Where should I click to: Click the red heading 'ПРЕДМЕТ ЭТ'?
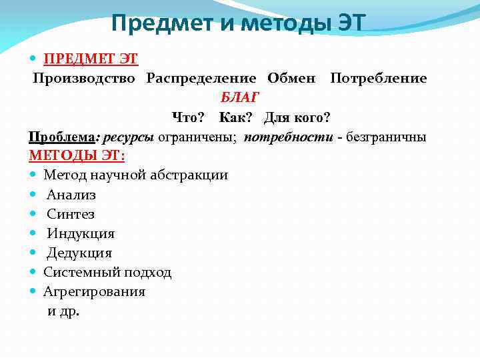(x=91, y=59)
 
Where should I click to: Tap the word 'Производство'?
(x=84, y=79)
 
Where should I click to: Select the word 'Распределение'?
(x=201, y=79)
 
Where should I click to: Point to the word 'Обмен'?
(x=291, y=79)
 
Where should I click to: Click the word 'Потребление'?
(x=379, y=79)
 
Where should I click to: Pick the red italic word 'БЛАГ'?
(x=241, y=98)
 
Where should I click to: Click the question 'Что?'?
(x=188, y=117)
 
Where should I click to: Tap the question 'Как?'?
(x=234, y=117)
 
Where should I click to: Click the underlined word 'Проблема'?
(x=62, y=137)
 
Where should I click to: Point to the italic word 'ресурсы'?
(x=127, y=137)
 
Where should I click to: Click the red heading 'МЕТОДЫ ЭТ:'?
(x=78, y=156)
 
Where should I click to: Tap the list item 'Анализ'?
(x=71, y=195)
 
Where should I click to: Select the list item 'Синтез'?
(x=71, y=214)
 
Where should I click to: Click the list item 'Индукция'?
(x=81, y=233)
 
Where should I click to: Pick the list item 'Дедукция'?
(x=79, y=253)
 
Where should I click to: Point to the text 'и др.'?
(x=64, y=311)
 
